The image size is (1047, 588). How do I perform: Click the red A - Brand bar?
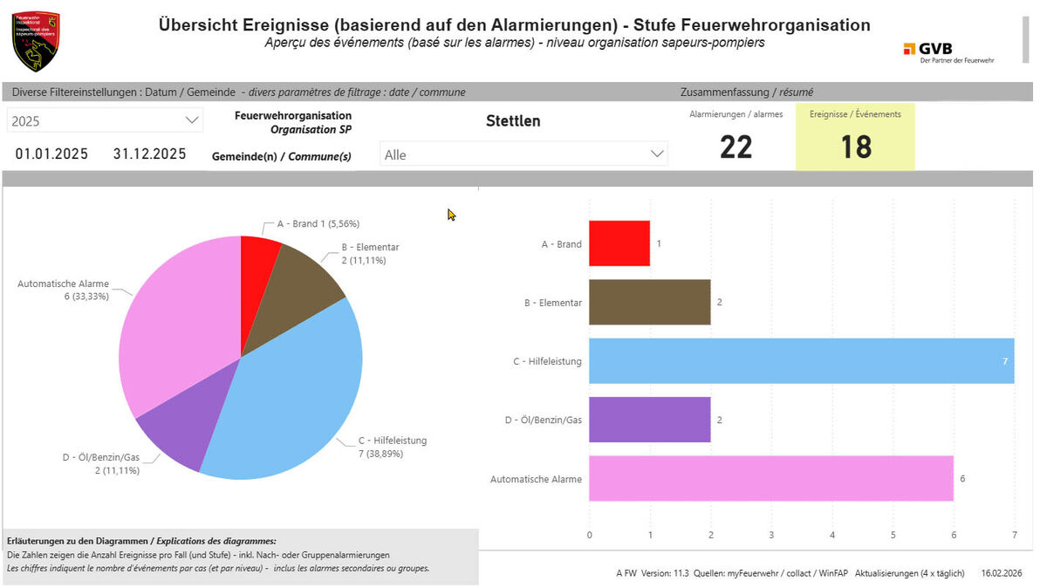pos(619,243)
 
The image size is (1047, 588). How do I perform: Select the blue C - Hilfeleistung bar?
pos(801,361)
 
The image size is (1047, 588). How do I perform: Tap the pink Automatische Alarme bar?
pos(770,478)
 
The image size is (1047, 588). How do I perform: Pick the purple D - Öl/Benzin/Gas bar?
pos(649,420)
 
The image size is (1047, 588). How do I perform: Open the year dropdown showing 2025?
pos(105,121)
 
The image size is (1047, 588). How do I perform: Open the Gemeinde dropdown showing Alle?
pos(523,154)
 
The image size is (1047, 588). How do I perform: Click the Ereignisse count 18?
pos(856,147)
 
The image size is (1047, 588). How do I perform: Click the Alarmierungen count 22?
pos(736,147)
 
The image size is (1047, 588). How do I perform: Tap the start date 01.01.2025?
pos(51,154)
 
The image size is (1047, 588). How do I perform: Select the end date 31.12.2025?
pos(149,154)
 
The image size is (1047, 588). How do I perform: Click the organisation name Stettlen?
pos(513,121)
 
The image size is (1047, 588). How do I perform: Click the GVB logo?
pos(948,51)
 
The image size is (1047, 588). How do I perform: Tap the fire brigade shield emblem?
pos(35,40)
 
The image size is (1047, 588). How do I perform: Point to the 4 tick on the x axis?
pos(831,535)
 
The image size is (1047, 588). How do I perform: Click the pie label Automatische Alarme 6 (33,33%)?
pos(64,290)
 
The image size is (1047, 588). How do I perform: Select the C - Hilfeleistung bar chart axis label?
pos(547,361)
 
